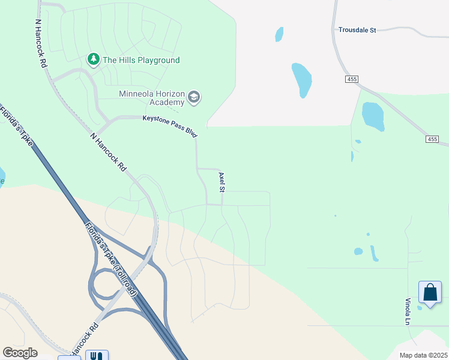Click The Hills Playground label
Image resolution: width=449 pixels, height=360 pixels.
[x=141, y=60]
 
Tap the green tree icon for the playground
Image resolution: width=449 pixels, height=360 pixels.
[x=93, y=59]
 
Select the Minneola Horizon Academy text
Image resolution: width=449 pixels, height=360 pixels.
[x=151, y=98]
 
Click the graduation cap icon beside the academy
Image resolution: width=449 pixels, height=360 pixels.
[x=193, y=98]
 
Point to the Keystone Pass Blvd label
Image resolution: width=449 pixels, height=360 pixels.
[x=170, y=123]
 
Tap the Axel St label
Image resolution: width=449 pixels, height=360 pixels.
[x=222, y=182]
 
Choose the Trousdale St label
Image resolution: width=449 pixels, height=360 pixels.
[x=357, y=29]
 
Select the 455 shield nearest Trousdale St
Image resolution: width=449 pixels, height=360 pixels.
[x=352, y=79]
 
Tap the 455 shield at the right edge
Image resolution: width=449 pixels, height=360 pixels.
[x=433, y=139]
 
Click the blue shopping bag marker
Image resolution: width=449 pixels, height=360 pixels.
[x=430, y=293]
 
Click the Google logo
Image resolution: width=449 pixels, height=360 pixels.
[x=20, y=353]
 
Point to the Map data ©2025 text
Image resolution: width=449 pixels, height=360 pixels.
[x=423, y=355]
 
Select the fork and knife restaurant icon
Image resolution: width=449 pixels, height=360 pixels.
[x=96, y=356]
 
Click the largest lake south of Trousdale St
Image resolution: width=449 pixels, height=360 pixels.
[x=302, y=79]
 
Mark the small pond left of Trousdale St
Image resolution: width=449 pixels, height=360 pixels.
[x=279, y=34]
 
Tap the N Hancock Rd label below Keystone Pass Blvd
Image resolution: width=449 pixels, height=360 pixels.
[x=108, y=152]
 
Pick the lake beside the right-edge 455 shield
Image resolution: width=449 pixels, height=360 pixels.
[x=373, y=116]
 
